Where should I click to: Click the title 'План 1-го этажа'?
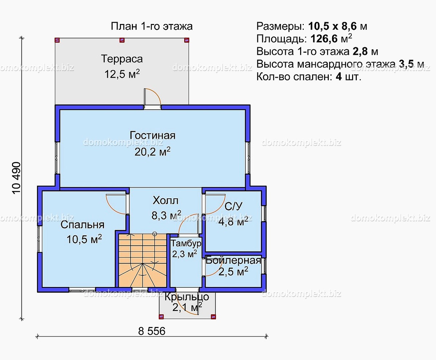tap(152, 27)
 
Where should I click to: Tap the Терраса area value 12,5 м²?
tap(122, 74)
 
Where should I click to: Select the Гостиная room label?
tap(153, 135)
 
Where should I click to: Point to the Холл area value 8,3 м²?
tap(166, 216)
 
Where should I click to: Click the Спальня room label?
tap(82, 225)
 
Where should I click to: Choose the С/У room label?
tap(233, 206)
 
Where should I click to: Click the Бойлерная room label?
tap(233, 260)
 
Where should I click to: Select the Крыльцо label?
tap(187, 297)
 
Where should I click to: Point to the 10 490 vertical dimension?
tap(17, 178)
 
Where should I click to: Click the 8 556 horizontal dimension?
tap(152, 331)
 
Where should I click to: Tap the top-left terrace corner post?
tap(57, 40)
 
